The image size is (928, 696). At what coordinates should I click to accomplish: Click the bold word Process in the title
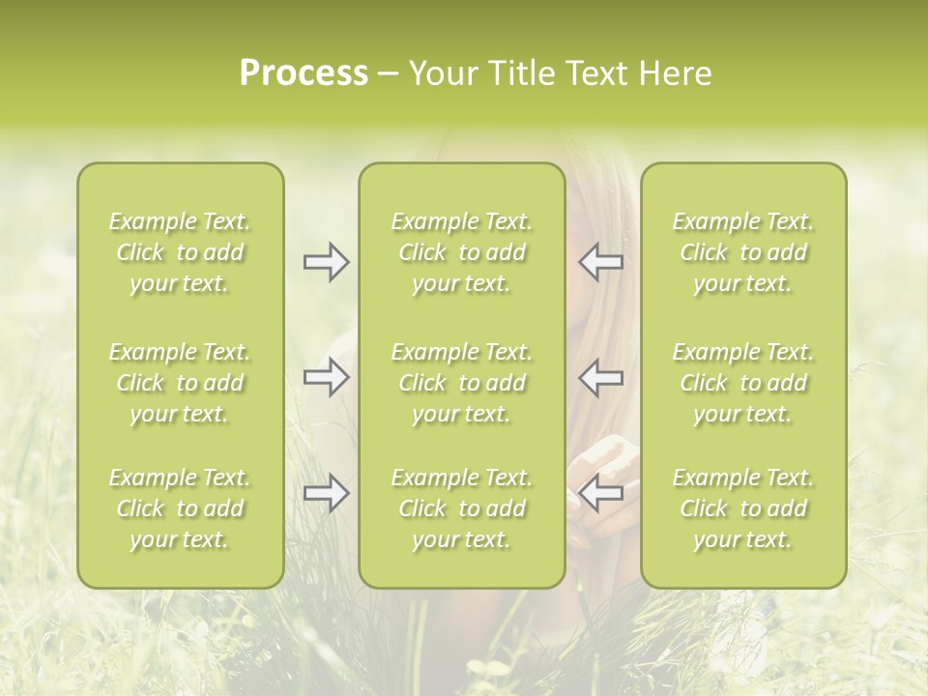click(x=304, y=73)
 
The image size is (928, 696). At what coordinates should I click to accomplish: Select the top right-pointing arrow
click(x=326, y=262)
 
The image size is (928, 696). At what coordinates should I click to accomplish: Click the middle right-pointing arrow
click(x=326, y=377)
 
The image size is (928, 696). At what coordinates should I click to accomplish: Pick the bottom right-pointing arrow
click(x=326, y=493)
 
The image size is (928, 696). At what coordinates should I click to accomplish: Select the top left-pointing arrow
click(x=601, y=262)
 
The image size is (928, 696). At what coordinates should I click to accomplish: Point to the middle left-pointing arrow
click(x=601, y=377)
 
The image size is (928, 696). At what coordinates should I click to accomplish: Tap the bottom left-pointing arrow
click(x=601, y=493)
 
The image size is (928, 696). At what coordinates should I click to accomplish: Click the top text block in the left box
click(x=180, y=252)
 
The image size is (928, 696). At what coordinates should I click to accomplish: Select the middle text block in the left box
click(x=180, y=383)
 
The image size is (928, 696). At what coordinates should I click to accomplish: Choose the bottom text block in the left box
click(x=180, y=508)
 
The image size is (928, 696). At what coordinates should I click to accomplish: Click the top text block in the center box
click(x=461, y=252)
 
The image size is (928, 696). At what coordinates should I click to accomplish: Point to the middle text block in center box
click(x=461, y=383)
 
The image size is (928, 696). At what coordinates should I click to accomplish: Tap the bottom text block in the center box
click(x=461, y=508)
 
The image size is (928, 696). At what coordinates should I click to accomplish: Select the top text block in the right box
click(x=742, y=252)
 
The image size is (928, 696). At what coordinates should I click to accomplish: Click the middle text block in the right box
click(x=742, y=383)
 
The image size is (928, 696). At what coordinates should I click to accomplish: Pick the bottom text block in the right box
click(x=742, y=508)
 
